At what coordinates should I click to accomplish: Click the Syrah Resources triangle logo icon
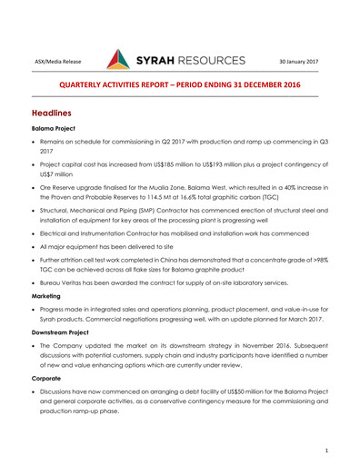119,61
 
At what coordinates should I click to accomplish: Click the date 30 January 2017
298,62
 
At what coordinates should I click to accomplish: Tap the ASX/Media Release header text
58,62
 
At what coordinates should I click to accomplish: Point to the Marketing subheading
49,297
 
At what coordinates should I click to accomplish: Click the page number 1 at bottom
325,450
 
